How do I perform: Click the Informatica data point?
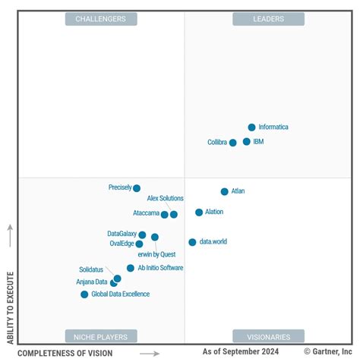252,127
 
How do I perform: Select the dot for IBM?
247,142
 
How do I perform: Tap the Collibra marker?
233,143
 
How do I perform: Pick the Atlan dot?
225,192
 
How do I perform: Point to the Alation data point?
199,212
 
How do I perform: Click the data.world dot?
192,242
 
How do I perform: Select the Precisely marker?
137,188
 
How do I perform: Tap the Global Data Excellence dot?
84,294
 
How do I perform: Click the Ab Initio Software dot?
131,268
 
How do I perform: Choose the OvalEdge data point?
139,244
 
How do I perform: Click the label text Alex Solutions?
165,199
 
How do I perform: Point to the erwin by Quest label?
156,255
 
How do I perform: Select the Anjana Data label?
91,282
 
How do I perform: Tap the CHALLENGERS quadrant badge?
100,19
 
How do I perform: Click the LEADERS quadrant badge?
268,19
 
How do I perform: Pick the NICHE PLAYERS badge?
100,336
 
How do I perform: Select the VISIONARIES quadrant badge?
268,336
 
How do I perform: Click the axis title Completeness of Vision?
65,354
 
